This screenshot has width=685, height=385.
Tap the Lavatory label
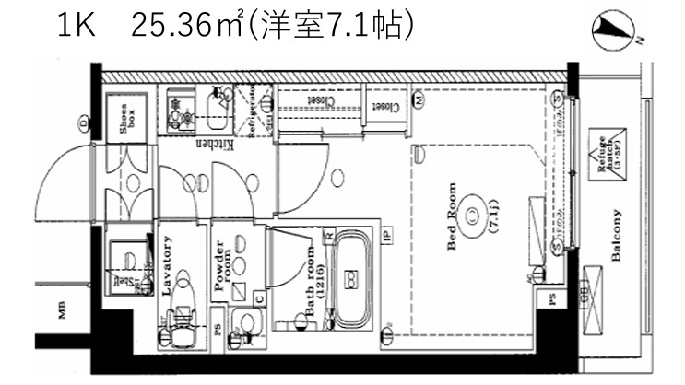(167, 266)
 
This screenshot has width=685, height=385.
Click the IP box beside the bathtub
(387, 237)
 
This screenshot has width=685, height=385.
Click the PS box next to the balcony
(552, 299)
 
